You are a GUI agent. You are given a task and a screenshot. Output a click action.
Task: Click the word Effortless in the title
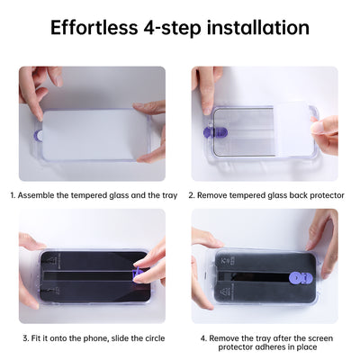pyautogui.click(x=94, y=28)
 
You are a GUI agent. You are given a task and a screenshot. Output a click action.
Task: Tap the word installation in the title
pyautogui.click(x=258, y=28)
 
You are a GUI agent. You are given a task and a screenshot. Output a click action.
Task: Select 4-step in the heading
pyautogui.click(x=172, y=28)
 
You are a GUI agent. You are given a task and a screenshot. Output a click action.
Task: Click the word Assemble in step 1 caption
pyautogui.click(x=36, y=195)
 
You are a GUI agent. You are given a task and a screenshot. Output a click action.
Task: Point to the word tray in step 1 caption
pyautogui.click(x=170, y=196)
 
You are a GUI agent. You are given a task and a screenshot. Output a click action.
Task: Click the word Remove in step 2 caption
pyautogui.click(x=212, y=195)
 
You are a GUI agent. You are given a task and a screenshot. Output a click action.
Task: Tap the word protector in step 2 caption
pyautogui.click(x=327, y=196)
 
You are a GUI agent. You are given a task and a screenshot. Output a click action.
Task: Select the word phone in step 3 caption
pyautogui.click(x=94, y=338)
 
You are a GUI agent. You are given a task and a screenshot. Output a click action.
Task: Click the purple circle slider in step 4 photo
pyautogui.click(x=296, y=278)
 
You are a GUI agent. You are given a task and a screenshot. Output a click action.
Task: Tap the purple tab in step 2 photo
pyautogui.click(x=215, y=132)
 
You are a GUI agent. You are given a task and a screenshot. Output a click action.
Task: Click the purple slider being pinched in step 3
pyautogui.click(x=136, y=273)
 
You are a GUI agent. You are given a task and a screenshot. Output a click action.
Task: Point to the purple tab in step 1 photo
pyautogui.click(x=38, y=136)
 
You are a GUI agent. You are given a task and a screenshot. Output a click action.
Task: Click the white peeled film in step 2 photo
pyautogui.click(x=292, y=129)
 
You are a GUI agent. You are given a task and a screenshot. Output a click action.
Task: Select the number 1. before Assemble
pyautogui.click(x=13, y=195)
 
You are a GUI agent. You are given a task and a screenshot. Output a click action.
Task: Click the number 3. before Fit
pyautogui.click(x=26, y=338)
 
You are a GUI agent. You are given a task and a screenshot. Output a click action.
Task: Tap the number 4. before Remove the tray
pyautogui.click(x=203, y=338)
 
